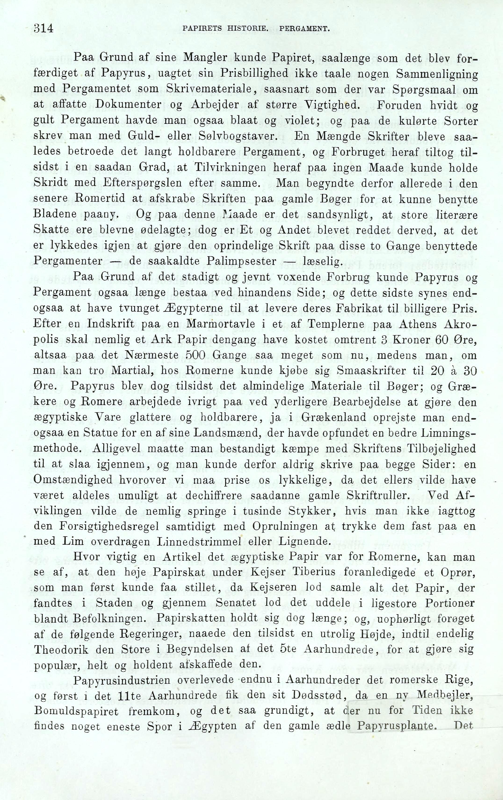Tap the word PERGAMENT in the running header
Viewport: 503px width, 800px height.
click(304, 29)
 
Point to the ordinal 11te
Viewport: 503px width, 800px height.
click(132, 695)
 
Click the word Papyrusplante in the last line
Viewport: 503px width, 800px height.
click(396, 727)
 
